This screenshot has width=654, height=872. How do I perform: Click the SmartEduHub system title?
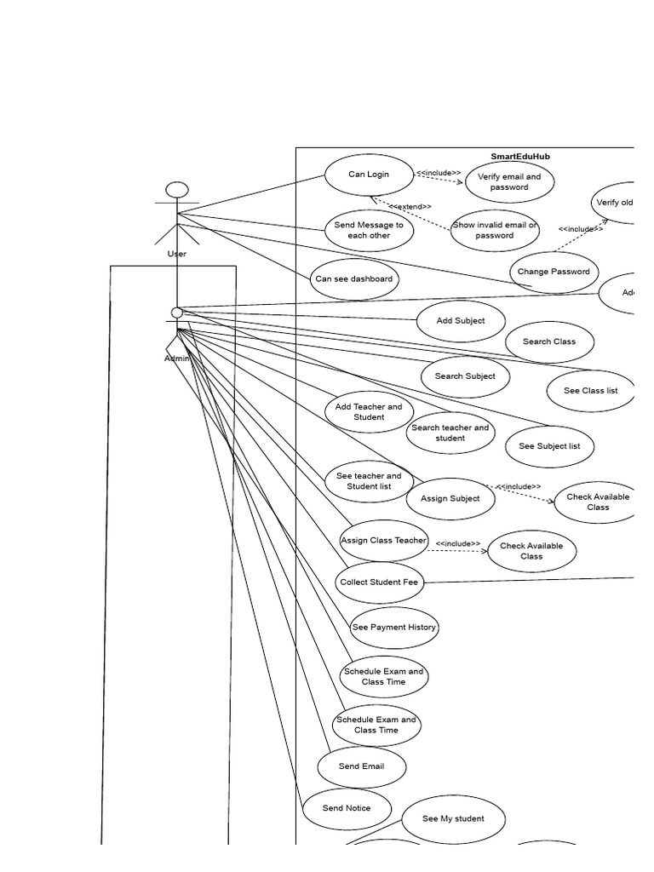[520, 157]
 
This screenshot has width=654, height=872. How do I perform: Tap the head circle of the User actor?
[177, 189]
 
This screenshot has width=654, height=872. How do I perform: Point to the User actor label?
[177, 254]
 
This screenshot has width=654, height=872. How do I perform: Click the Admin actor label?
[177, 359]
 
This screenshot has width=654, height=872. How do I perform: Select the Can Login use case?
[369, 175]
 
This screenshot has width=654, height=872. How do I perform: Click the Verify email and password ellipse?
[509, 182]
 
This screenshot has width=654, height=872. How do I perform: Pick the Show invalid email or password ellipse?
[494, 231]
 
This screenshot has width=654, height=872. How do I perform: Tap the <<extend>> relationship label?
[410, 206]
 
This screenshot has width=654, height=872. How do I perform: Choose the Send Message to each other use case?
[369, 231]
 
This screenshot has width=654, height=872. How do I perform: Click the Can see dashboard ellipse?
[353, 279]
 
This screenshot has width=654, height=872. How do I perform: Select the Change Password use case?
[554, 272]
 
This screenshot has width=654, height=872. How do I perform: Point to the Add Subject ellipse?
[461, 321]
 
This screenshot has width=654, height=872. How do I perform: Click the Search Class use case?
[549, 342]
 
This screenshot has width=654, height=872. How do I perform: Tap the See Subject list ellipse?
[549, 446]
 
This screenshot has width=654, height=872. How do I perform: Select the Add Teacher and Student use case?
[369, 412]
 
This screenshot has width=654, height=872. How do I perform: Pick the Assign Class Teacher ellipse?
[383, 541]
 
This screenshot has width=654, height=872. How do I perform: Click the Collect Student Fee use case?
[379, 582]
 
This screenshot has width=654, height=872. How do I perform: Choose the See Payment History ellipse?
[393, 628]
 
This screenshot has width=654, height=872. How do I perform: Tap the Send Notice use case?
[347, 808]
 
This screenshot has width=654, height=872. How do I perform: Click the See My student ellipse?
[453, 819]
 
